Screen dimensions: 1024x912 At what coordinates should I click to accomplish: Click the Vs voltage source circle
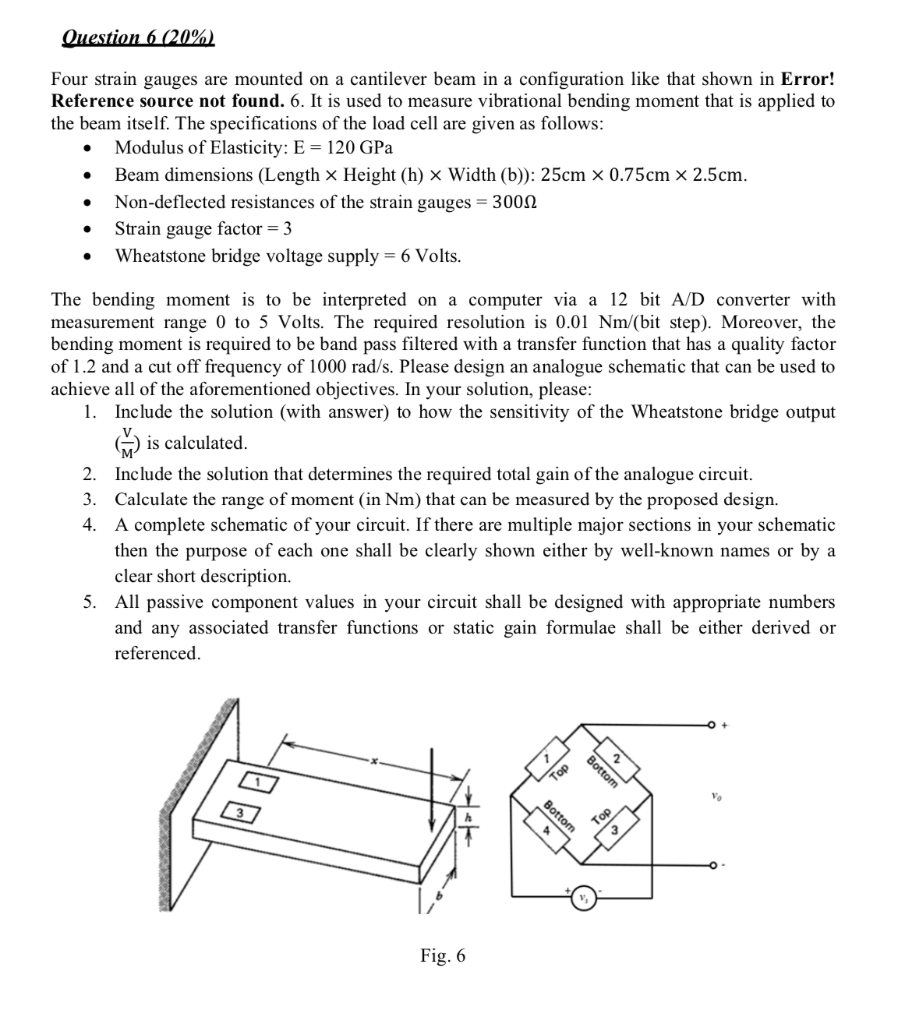tap(582, 898)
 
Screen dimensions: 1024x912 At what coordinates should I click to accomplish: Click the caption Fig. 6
tap(442, 956)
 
